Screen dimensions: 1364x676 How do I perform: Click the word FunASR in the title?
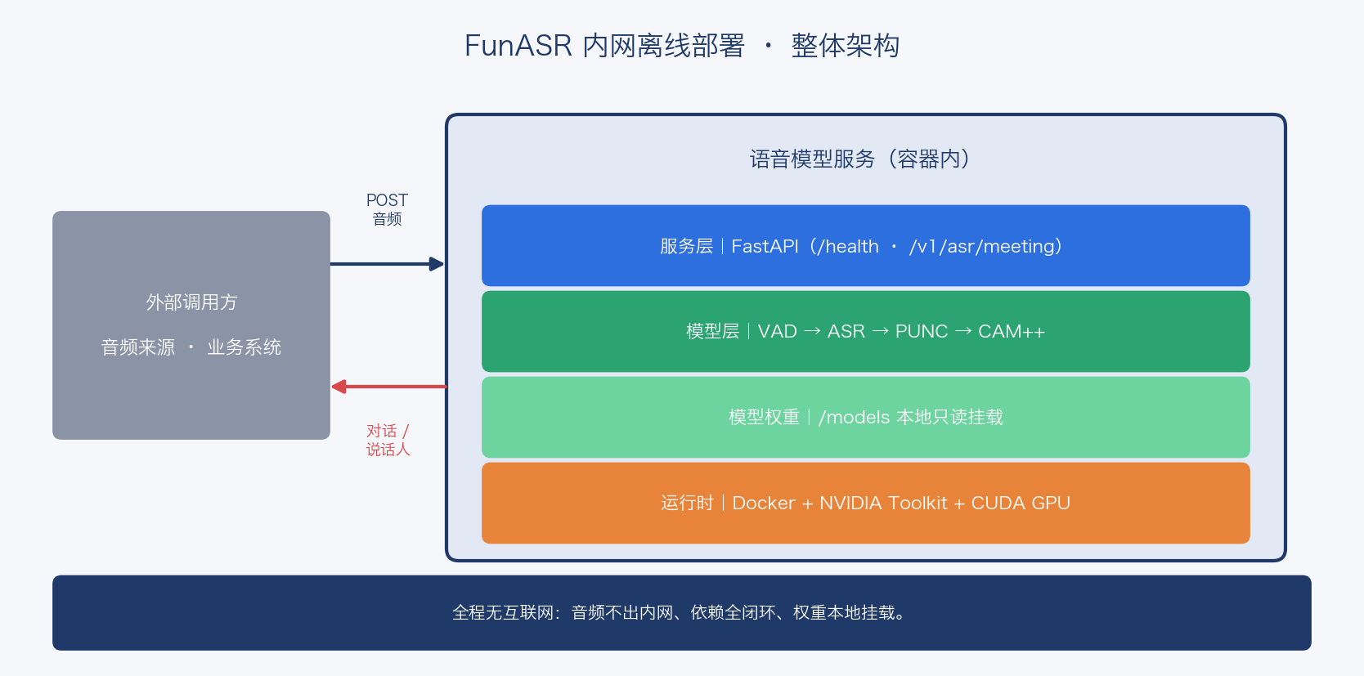tap(518, 46)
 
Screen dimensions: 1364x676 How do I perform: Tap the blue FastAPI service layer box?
tap(865, 245)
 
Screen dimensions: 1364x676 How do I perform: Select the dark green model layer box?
tap(865, 331)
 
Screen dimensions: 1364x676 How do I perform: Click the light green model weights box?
tap(865, 417)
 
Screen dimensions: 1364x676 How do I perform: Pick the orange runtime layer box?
tap(865, 503)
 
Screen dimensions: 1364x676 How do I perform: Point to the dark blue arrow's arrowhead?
tap(437, 264)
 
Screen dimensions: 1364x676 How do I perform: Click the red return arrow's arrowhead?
tap(339, 387)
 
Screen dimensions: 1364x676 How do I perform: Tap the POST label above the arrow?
tap(387, 200)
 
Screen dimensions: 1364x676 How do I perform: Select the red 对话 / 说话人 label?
tap(388, 440)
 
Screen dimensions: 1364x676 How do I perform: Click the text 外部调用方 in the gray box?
tap(191, 302)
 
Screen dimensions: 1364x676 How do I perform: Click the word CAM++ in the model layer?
tap(1012, 331)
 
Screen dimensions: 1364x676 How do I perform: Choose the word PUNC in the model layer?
tap(922, 331)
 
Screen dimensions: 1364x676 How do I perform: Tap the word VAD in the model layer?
tap(777, 331)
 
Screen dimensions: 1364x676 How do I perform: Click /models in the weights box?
tap(854, 418)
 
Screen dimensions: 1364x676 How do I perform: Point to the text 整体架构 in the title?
tap(846, 46)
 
